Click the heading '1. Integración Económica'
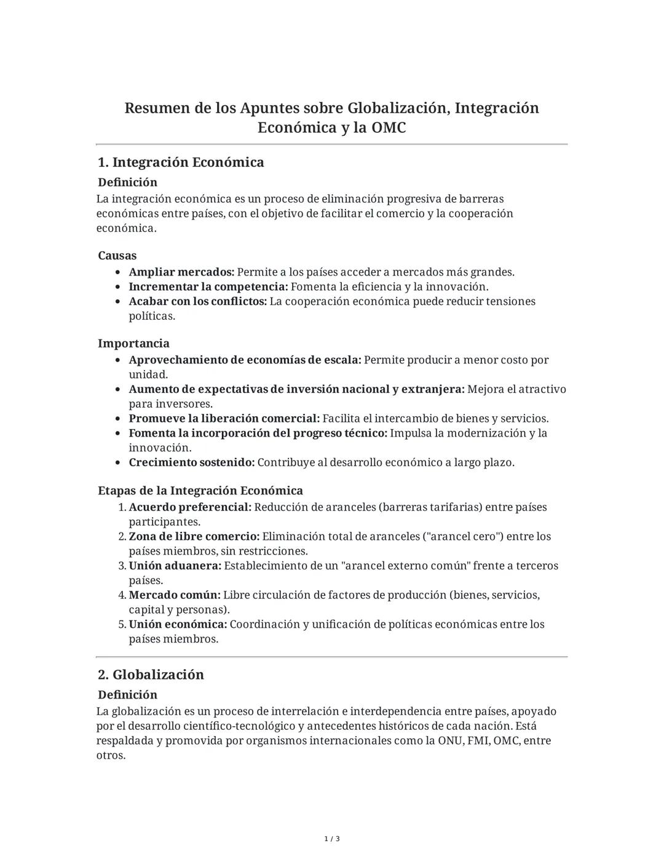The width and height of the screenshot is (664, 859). (181, 162)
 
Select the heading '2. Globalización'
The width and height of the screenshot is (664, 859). (151, 675)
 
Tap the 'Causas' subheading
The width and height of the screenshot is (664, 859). (117, 255)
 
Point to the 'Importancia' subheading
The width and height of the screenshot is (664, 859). (133, 343)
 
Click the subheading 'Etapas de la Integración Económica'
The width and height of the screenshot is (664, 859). (200, 491)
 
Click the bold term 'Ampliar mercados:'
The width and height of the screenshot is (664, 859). (181, 272)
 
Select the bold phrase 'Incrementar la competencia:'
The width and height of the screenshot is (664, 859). (208, 287)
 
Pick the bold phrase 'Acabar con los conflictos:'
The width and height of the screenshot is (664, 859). (197, 301)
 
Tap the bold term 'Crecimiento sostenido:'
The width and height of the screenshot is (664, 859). (191, 462)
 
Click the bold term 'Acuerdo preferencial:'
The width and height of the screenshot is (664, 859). (190, 507)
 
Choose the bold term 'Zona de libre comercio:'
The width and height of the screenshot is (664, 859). (194, 536)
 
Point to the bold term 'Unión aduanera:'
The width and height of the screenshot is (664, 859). (175, 566)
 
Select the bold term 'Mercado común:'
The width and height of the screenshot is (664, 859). (175, 595)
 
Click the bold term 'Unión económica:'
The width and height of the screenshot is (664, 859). (178, 624)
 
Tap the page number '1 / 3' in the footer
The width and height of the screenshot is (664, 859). (332, 839)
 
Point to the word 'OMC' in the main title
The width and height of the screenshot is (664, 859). (389, 128)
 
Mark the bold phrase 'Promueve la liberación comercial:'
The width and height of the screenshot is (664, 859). (224, 419)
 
